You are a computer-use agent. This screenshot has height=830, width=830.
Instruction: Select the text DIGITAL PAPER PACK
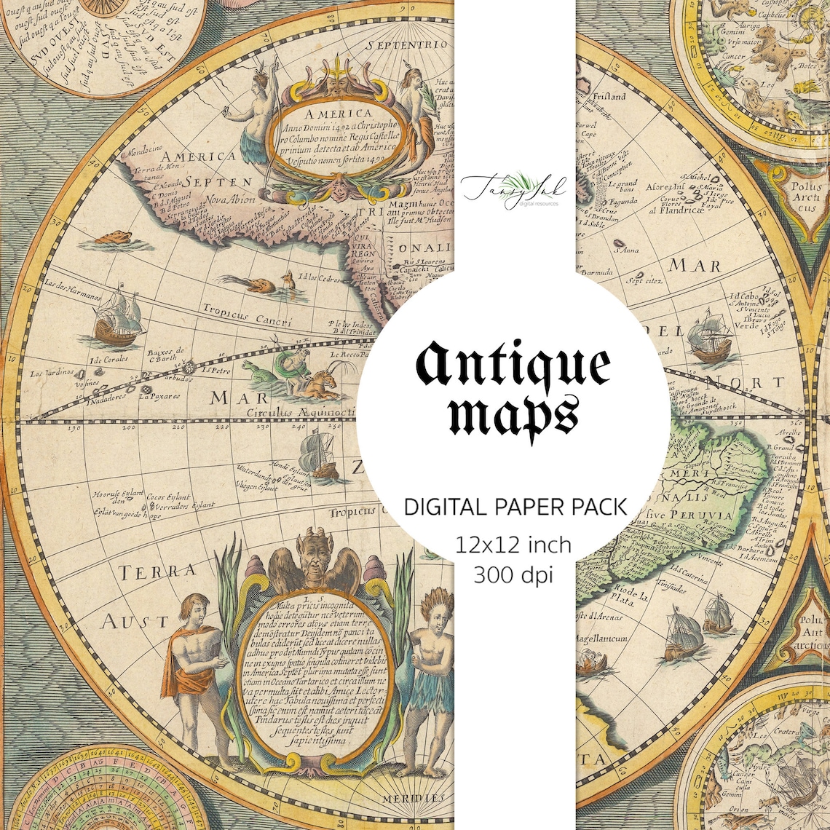(515, 507)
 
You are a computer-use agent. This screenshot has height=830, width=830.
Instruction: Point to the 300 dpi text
(514, 574)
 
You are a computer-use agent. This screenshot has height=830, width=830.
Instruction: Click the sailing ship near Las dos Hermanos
(116, 315)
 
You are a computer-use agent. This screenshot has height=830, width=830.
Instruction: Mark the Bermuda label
(596, 272)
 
